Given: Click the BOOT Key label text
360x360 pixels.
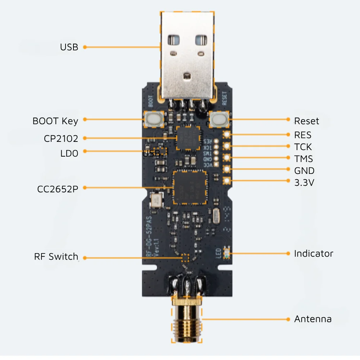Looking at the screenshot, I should click(55, 121).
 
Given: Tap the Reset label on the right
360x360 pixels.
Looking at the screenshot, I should click(306, 121).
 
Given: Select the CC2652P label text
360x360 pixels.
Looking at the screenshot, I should click(58, 189).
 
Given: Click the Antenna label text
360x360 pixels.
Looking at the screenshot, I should click(312, 319).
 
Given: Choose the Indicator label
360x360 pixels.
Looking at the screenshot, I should click(314, 253).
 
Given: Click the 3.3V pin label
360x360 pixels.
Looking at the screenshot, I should click(304, 183).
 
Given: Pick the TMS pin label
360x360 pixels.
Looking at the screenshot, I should click(303, 159).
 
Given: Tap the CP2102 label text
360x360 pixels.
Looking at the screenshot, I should click(61, 139).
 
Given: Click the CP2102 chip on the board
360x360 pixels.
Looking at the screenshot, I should click(188, 138).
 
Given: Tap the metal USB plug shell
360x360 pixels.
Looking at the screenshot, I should click(186, 54).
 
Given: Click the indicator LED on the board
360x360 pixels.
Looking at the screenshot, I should click(226, 253).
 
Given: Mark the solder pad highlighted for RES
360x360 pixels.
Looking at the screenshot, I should click(227, 135).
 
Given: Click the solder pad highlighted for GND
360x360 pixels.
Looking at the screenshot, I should click(227, 169).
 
